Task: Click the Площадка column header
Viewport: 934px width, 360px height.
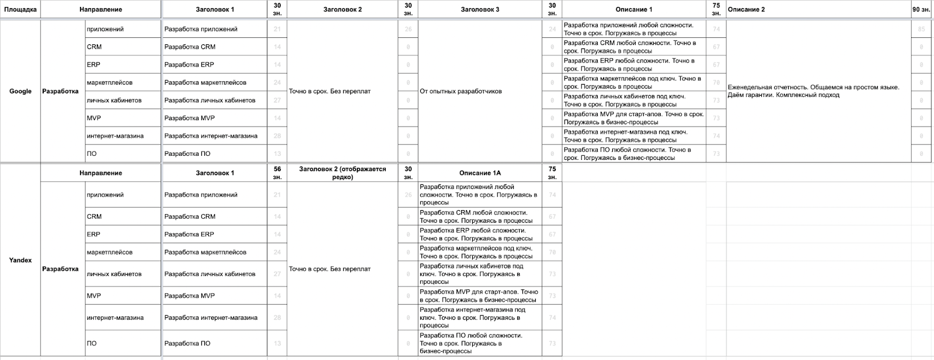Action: point(20,9)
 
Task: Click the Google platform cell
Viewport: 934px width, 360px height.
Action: point(20,91)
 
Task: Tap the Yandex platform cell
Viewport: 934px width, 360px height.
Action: point(20,260)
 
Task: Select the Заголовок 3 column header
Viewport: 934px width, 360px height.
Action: point(480,9)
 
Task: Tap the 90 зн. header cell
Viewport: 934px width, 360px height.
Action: point(921,9)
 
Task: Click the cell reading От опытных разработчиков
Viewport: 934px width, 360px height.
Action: point(461,91)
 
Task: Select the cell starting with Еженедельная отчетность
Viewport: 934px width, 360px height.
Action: point(813,91)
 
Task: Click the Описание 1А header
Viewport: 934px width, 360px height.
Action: point(480,173)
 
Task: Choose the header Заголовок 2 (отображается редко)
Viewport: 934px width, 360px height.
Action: point(343,173)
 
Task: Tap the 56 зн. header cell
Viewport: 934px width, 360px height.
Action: point(277,173)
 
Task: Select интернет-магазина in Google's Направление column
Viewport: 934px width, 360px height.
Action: point(115,136)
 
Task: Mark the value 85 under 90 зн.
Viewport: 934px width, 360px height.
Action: point(921,29)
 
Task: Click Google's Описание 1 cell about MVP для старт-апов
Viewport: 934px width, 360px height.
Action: point(633,118)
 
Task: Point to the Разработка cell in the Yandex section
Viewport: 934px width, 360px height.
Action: point(60,269)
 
